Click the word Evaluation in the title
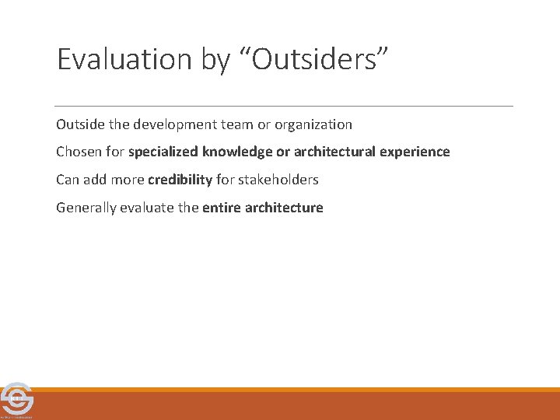tap(124, 60)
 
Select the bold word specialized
tap(161, 152)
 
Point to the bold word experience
tap(415, 152)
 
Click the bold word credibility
tap(180, 180)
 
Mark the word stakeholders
tap(278, 180)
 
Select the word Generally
tap(85, 208)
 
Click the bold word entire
tap(220, 208)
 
